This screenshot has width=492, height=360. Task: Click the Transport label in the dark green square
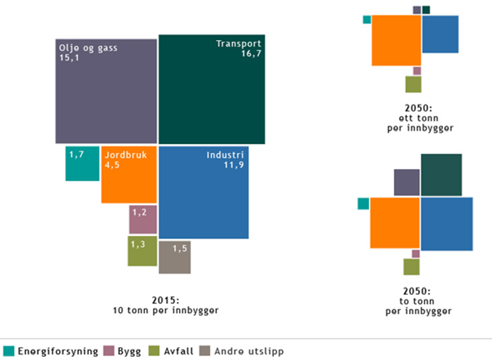239,44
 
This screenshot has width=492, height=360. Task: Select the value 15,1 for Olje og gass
69,58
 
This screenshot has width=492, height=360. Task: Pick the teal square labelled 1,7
82,163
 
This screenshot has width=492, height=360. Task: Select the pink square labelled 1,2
143,219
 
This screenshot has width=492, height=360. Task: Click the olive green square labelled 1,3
142,250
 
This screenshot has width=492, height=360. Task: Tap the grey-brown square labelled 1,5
175,257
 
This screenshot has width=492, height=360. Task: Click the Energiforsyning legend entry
51,351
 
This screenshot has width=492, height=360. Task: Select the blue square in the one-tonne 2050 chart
440,34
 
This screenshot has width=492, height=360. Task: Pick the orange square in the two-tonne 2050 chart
395,222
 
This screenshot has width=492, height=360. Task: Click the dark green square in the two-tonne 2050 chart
441,175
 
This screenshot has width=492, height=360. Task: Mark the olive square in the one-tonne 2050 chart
413,84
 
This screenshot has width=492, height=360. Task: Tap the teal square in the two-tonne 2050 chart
363,204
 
